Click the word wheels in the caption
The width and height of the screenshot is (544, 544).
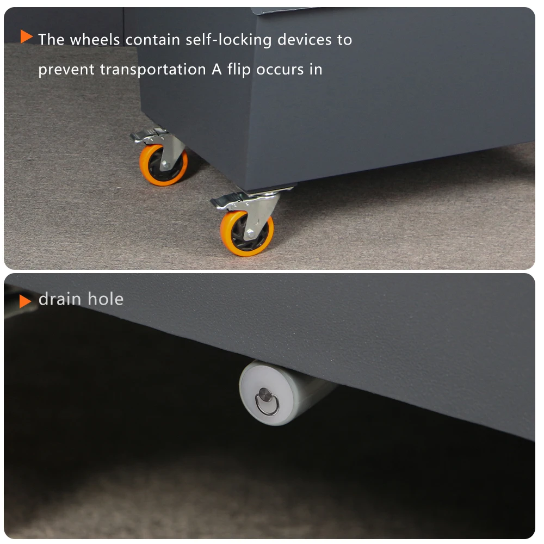(x=95, y=40)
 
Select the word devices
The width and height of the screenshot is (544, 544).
(x=305, y=40)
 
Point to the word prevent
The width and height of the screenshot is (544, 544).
(x=66, y=70)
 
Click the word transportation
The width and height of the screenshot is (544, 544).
(x=153, y=70)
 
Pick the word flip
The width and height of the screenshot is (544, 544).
(x=239, y=70)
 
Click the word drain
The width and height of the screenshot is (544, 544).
(x=60, y=299)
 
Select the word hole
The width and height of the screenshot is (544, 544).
(x=106, y=299)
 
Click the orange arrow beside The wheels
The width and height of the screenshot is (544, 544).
(x=26, y=36)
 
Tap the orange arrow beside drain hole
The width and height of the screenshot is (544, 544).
(x=26, y=301)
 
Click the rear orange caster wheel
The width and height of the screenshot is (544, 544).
(x=163, y=164)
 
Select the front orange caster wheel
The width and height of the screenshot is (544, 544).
(x=247, y=233)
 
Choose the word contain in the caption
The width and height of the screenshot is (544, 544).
(x=153, y=40)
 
